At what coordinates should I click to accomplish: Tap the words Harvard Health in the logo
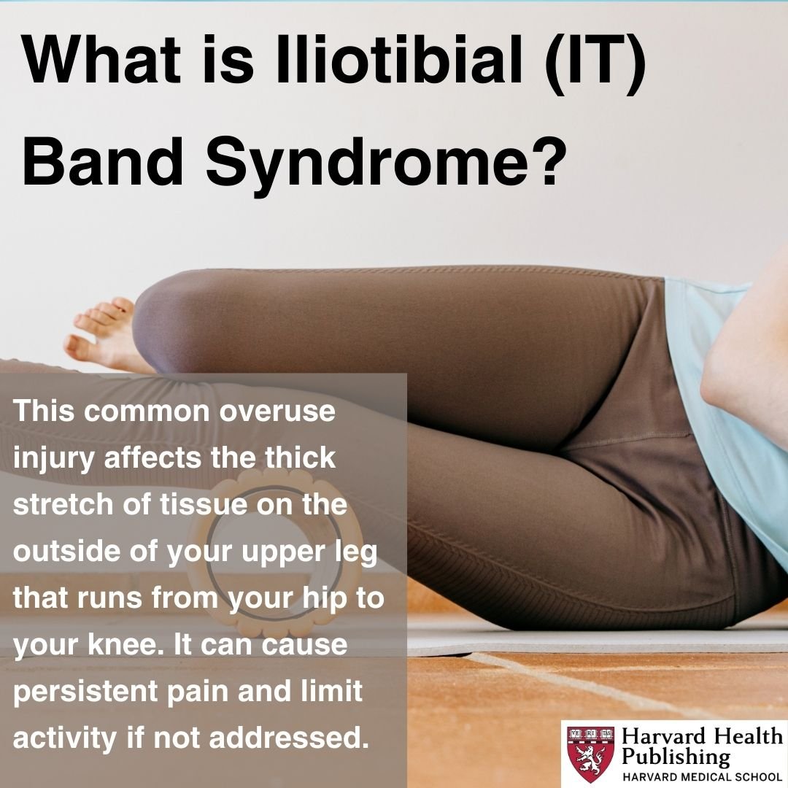click(x=702, y=737)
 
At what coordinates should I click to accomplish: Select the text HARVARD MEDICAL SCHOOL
click(x=702, y=776)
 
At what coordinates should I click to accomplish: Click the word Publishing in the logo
click(x=676, y=757)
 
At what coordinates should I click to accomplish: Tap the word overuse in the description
click(x=278, y=411)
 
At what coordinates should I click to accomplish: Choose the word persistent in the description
click(x=85, y=692)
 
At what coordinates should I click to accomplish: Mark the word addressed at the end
click(x=285, y=738)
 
